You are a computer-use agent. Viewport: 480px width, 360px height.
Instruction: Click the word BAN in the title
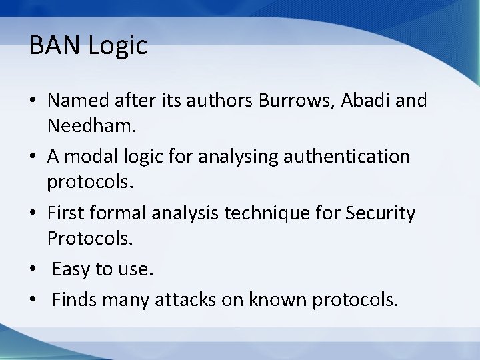51,46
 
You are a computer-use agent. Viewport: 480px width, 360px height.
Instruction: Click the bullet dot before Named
34,102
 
